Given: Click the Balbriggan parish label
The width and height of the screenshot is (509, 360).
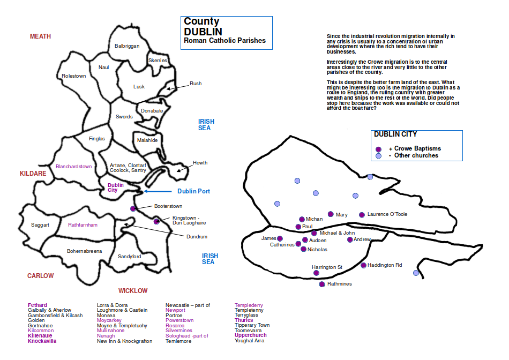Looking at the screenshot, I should (x=127, y=46).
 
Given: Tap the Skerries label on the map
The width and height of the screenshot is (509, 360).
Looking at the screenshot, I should (x=158, y=61).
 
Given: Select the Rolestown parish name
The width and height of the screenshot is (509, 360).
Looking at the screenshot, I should (x=74, y=76).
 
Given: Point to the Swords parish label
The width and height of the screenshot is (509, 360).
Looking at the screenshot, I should (x=124, y=117).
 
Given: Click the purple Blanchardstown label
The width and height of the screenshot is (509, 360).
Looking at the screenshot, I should (x=73, y=167).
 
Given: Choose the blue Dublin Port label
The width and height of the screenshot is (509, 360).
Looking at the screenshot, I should (x=193, y=191).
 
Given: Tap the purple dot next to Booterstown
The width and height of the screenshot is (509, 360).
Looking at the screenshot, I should (x=133, y=208).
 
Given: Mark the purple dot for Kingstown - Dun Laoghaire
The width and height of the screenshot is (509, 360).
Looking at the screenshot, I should (x=156, y=221).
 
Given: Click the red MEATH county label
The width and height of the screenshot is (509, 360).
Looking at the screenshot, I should (x=40, y=36).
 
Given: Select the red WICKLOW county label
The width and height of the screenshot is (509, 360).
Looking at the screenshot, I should (x=133, y=291).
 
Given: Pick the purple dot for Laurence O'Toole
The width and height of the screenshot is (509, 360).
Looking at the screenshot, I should (x=362, y=215).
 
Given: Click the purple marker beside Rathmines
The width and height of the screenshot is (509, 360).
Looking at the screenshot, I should (x=322, y=284).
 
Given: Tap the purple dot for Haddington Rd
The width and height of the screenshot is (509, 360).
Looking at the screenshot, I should (x=363, y=265).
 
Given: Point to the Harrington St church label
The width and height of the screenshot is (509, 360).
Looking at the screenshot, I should (x=327, y=267).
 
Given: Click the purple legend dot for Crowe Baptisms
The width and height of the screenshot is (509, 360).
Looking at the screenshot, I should (x=378, y=149).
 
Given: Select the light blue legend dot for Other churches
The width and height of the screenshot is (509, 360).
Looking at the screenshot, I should (x=378, y=156).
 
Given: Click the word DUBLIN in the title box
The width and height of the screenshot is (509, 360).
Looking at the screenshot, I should (x=203, y=32).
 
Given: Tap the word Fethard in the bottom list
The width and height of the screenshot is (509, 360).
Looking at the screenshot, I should (x=38, y=305).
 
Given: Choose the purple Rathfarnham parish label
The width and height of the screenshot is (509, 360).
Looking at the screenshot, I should (x=83, y=225).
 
